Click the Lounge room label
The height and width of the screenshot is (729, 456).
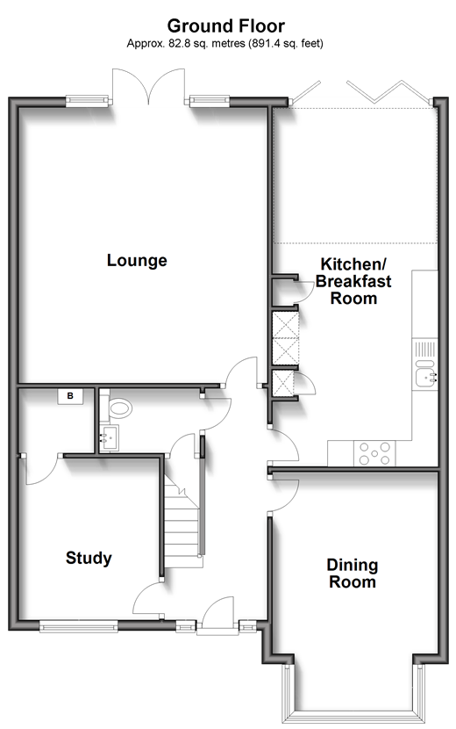[137, 260]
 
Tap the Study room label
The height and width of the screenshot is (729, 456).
[89, 558]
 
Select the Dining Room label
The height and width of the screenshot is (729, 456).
[353, 574]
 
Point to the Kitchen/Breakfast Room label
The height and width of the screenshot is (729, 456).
[353, 281]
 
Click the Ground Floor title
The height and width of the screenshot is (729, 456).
[226, 25]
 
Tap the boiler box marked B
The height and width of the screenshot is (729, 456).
[70, 397]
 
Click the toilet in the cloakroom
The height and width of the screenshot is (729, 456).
[118, 408]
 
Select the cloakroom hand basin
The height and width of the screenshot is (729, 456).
[110, 437]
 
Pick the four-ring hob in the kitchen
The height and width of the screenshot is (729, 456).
[375, 453]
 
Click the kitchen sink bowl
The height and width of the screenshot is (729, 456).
[424, 378]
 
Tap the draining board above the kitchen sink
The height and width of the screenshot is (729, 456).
[425, 349]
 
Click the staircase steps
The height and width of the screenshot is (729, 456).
[182, 524]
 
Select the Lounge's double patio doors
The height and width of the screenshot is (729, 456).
[148, 86]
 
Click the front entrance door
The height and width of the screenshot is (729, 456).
[217, 615]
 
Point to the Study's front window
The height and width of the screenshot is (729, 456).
[78, 627]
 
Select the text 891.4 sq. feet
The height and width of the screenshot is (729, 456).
[286, 44]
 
